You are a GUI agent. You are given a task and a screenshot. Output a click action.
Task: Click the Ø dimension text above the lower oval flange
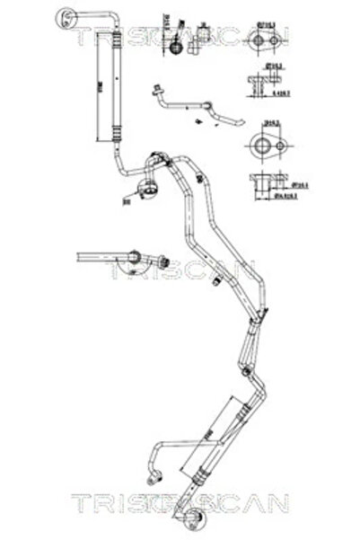point(267,123)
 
